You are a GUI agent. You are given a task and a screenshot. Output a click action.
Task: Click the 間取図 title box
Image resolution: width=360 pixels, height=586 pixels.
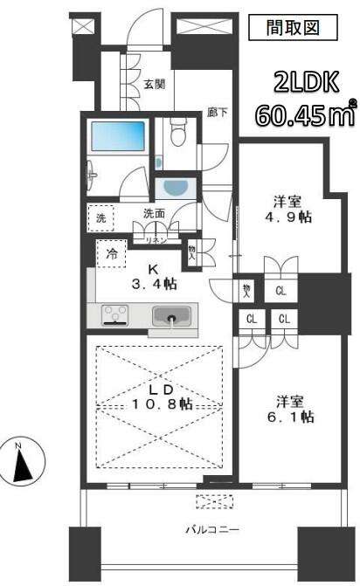pyautogui.click(x=293, y=27)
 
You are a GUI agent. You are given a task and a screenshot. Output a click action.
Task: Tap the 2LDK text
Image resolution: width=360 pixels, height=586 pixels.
pyautogui.click(x=307, y=82)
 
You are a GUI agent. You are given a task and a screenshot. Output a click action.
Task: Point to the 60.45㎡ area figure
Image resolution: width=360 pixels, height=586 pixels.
pyautogui.click(x=305, y=114)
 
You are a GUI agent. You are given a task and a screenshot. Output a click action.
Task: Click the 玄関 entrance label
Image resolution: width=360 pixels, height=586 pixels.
pyautogui.click(x=155, y=84)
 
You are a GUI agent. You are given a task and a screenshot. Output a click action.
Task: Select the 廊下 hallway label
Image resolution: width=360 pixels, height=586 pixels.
pyautogui.click(x=218, y=112)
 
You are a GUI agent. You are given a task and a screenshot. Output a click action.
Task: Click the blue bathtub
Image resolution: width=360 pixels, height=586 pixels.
pyautogui.click(x=118, y=135)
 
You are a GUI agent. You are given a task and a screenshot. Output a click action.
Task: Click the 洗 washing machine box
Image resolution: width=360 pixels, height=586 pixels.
pyautogui.click(x=100, y=217)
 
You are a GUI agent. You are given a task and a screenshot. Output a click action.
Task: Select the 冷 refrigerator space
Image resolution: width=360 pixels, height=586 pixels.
pyautogui.click(x=111, y=254)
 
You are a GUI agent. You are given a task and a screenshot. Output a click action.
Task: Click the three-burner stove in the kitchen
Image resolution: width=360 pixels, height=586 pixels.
pyautogui.click(x=115, y=315)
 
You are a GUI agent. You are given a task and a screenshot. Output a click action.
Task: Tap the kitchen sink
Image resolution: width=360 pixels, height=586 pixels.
pyautogui.click(x=171, y=316)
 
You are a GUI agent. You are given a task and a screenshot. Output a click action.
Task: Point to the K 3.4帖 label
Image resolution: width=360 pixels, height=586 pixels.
pyautogui.click(x=154, y=277)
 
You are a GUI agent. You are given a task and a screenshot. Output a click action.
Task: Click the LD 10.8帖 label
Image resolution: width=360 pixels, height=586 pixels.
pyautogui.click(x=162, y=396)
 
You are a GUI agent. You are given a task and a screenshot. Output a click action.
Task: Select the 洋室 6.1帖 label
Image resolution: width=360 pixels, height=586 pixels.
pyautogui.click(x=290, y=409)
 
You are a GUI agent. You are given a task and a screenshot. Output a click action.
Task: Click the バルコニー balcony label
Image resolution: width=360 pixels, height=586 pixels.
pyautogui.click(x=212, y=529)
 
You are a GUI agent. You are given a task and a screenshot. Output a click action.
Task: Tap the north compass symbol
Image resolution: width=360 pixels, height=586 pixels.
pyautogui.click(x=23, y=461)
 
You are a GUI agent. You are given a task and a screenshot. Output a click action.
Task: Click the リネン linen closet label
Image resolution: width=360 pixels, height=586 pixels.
pyautogui.click(x=156, y=240)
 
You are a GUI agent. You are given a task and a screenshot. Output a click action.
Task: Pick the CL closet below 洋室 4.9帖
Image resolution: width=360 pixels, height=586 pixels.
pyautogui.click(x=280, y=291)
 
